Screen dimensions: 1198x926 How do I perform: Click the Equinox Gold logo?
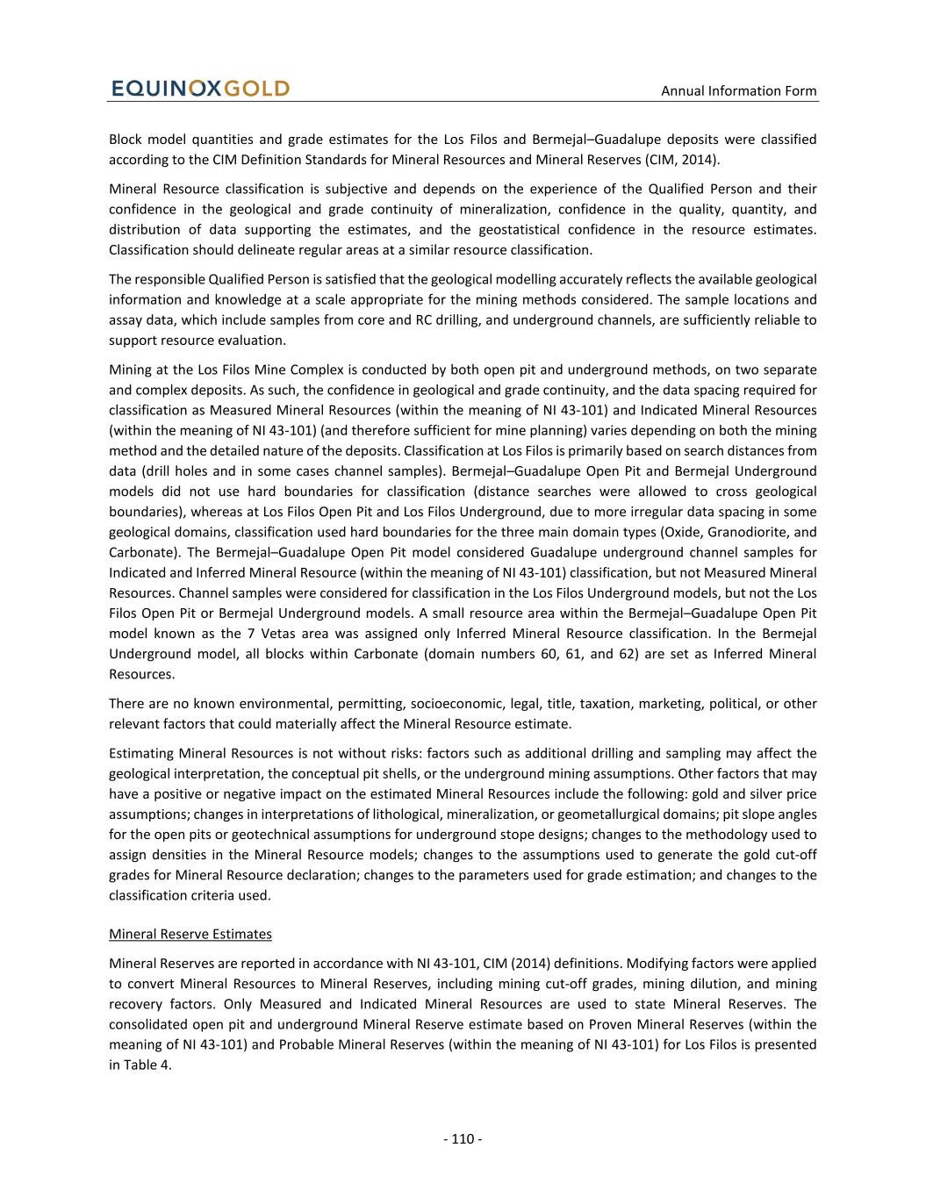tap(200, 89)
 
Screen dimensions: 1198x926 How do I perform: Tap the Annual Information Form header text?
tap(738, 90)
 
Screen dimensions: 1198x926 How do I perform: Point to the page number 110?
tap(463, 1139)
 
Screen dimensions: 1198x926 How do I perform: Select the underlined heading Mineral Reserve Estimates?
tap(190, 934)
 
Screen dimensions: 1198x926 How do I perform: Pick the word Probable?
tap(312, 1044)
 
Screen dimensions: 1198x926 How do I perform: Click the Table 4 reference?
tap(140, 1065)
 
